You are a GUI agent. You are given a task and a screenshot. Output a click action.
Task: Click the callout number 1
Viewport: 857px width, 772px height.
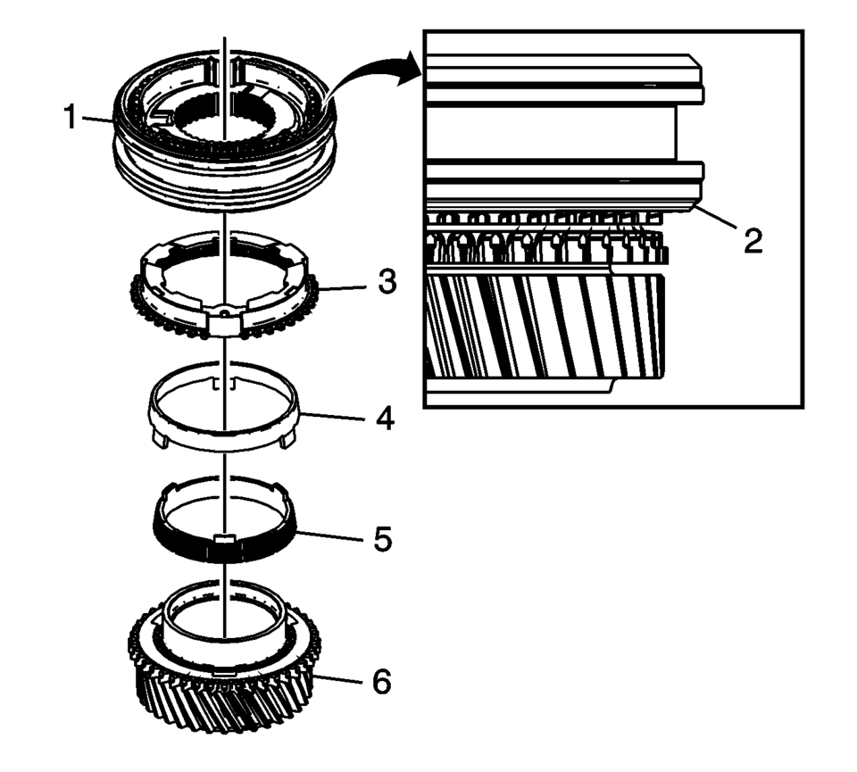pyautogui.click(x=70, y=117)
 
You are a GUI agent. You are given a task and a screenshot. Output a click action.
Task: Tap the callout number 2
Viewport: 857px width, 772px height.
pyautogui.click(x=753, y=240)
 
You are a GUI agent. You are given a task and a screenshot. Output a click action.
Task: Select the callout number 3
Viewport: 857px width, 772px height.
pyautogui.click(x=387, y=283)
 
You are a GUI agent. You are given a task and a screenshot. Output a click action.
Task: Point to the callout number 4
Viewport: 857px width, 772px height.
pyautogui.click(x=385, y=419)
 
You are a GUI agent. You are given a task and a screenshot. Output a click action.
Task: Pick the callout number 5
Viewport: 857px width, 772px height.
pyautogui.click(x=383, y=539)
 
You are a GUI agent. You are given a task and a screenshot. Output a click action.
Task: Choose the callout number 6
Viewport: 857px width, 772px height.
pyautogui.click(x=381, y=682)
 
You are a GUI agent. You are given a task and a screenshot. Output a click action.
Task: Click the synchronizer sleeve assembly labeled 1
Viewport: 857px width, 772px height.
pyautogui.click(x=224, y=131)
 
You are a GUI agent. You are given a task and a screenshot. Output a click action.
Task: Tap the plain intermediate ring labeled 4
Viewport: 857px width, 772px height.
pyautogui.click(x=224, y=432)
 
